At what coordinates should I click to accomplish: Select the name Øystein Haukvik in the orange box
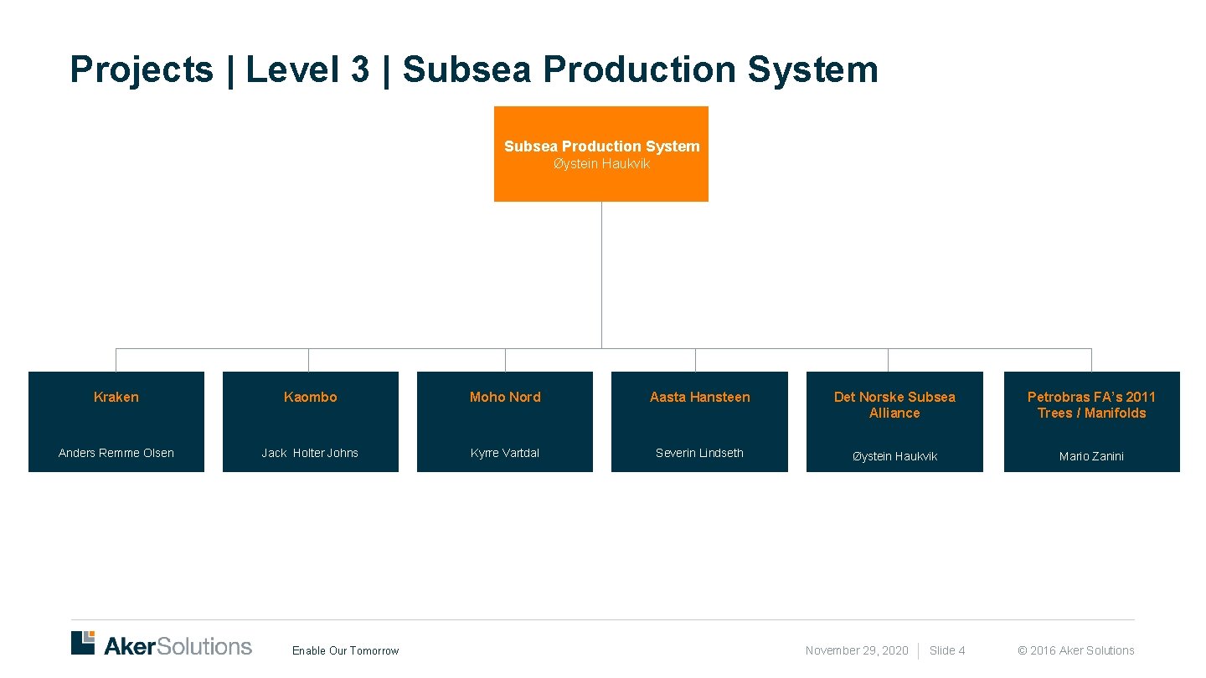[600, 164]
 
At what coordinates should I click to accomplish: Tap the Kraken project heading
[116, 397]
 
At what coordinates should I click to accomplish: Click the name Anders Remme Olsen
[116, 453]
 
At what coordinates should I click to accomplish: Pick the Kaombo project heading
[310, 397]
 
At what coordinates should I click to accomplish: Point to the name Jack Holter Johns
[310, 453]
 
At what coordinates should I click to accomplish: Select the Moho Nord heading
[505, 397]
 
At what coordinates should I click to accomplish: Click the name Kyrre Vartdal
[505, 453]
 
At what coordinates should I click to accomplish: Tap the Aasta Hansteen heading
[699, 397]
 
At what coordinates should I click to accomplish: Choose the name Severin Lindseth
[699, 453]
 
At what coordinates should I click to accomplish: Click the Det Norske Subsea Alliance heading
[894, 404]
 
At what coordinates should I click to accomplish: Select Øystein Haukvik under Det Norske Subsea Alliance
[894, 456]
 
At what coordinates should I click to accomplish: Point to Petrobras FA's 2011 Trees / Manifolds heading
[1091, 404]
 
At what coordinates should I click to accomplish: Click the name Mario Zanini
[1091, 456]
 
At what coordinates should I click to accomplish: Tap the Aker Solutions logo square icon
[83, 642]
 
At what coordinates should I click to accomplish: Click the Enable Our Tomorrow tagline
[345, 650]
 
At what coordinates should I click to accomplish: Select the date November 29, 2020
[856, 650]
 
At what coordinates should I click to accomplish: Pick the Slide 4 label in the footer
[947, 650]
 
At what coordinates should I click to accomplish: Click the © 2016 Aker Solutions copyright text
[1075, 650]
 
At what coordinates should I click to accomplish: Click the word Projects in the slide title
[142, 69]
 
